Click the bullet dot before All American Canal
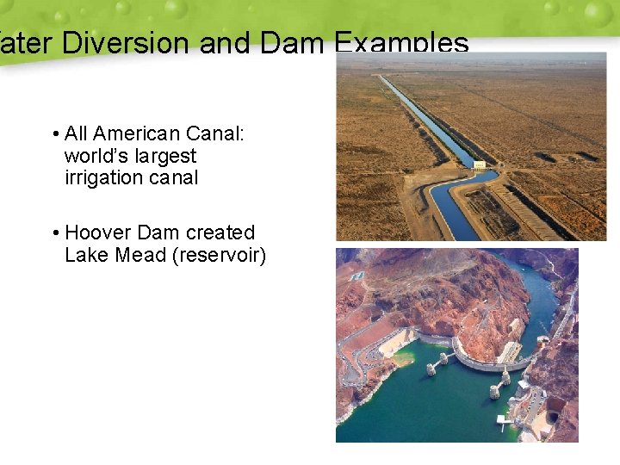point(54,134)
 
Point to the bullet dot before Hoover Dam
point(54,233)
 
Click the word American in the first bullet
point(134,133)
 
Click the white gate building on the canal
point(480,164)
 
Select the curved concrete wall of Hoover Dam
point(482,363)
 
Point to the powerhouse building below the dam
point(508,352)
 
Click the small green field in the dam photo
point(358,276)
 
